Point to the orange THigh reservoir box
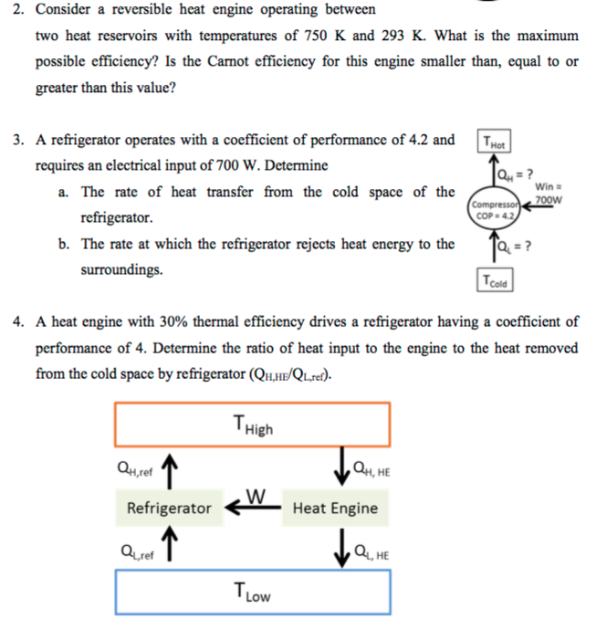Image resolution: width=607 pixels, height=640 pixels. (253, 424)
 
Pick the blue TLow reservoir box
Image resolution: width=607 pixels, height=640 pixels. (253, 593)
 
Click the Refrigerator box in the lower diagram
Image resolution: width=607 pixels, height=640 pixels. (169, 508)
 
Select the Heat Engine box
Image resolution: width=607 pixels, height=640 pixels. (335, 508)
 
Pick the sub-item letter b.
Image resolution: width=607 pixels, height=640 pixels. (62, 245)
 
